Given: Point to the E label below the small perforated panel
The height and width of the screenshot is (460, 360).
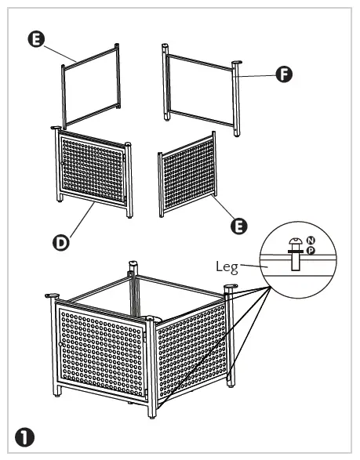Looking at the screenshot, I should point(242,226).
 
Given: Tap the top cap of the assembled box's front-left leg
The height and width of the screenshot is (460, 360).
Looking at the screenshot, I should point(53,295).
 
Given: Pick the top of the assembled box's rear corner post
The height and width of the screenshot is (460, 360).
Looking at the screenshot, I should point(133,265).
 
